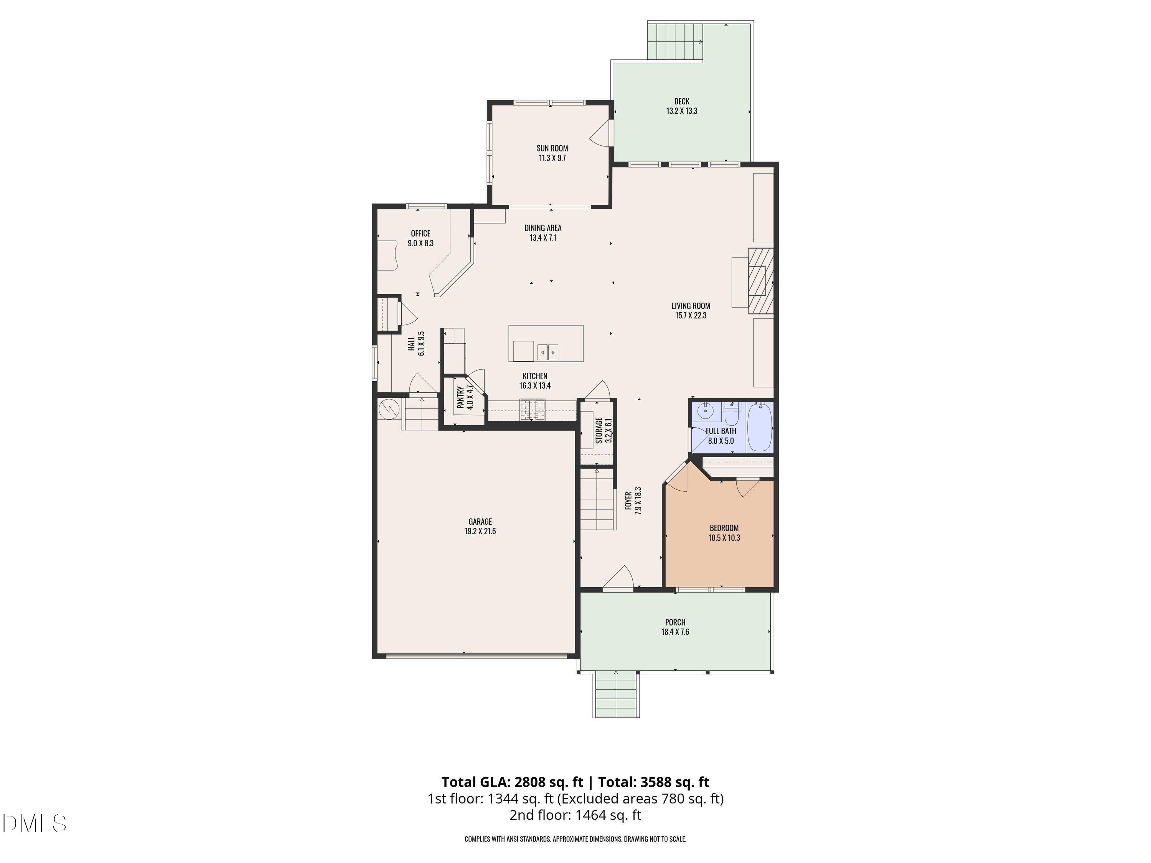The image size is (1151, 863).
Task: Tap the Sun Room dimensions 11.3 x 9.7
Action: click(552, 158)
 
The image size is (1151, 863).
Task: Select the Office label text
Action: click(420, 234)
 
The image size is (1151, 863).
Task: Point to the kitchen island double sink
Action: click(547, 352)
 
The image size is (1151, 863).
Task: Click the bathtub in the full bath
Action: click(759, 427)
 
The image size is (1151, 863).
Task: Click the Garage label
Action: click(480, 522)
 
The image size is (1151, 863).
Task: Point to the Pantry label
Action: click(460, 397)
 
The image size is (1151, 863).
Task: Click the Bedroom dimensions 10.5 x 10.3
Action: click(724, 538)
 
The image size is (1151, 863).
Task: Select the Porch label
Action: click(675, 622)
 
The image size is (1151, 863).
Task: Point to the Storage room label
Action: click(599, 431)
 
